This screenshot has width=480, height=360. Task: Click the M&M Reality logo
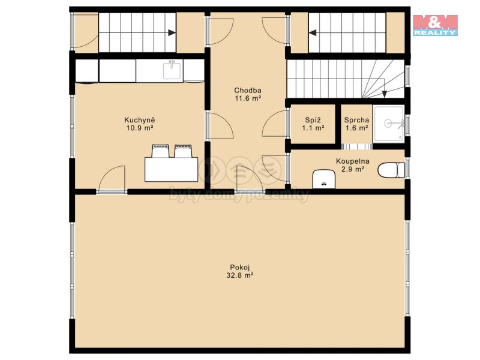(x=435, y=25)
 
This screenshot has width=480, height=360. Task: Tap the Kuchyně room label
(x=140, y=119)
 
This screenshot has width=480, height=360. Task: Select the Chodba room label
(x=248, y=91)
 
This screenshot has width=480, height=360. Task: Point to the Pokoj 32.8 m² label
(x=240, y=271)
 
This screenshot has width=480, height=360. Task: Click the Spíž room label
(x=313, y=120)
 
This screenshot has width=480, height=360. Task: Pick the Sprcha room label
(x=356, y=120)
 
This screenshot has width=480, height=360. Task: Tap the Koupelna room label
(x=353, y=161)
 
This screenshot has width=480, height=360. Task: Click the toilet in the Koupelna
(x=391, y=170)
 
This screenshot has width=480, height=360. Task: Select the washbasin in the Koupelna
(x=324, y=179)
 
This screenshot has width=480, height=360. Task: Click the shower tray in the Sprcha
(x=388, y=124)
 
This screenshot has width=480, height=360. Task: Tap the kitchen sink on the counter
(x=172, y=70)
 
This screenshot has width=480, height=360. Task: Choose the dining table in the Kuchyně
(x=171, y=169)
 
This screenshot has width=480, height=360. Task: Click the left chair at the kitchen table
(x=161, y=151)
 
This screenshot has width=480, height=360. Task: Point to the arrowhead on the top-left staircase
(x=172, y=32)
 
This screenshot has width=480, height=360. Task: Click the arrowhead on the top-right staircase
(x=313, y=32)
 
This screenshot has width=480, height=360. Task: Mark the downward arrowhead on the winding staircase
(x=385, y=94)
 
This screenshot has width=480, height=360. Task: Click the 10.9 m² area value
(x=140, y=128)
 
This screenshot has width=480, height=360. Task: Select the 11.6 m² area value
(x=248, y=98)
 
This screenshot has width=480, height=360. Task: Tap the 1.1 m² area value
(x=313, y=128)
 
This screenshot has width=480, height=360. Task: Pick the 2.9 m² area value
(x=353, y=169)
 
